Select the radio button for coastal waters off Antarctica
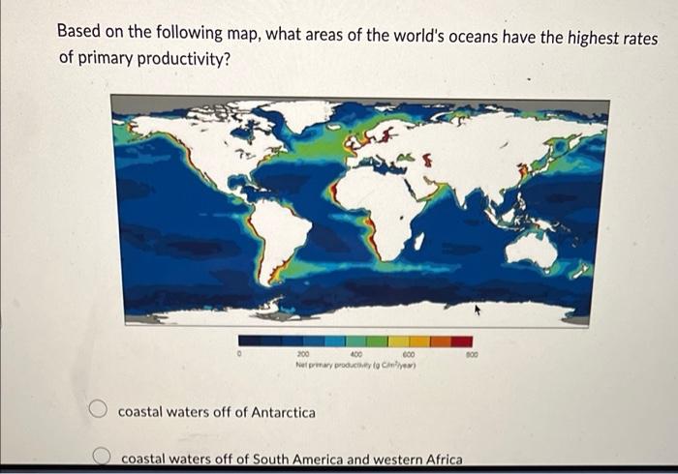pos(99,411)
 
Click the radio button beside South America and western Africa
pos(100,457)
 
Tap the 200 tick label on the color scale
pos(303,355)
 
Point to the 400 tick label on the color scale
pos(355,355)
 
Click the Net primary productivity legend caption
pos(356,365)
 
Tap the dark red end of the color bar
pos(462,341)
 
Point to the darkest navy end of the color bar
pos(249,341)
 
